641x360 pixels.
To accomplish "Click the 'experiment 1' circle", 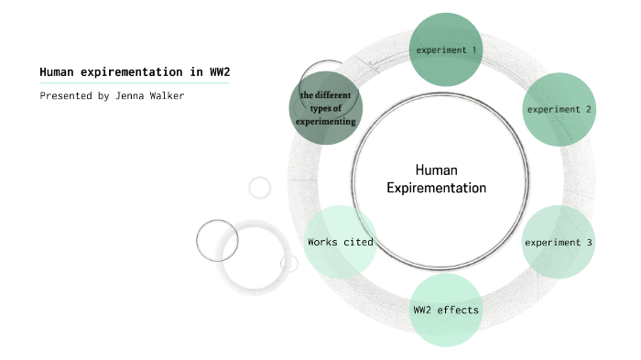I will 446,49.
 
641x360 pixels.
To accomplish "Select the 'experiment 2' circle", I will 559,109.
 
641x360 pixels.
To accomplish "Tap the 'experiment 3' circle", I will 559,243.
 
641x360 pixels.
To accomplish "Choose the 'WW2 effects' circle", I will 446,310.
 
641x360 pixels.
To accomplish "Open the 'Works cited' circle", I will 340,243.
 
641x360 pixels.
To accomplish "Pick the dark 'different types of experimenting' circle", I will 326,110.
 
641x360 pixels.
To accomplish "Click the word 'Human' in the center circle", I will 436,170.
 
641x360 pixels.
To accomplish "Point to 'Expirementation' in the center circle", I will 436,188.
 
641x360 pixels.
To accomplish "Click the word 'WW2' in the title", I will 233,72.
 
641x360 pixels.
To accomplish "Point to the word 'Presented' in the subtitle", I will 65,95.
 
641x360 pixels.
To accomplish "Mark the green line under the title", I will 134,83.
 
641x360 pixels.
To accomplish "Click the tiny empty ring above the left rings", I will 260,188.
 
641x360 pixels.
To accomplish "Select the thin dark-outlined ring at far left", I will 217,241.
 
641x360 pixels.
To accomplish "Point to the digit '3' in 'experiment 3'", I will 590,243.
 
